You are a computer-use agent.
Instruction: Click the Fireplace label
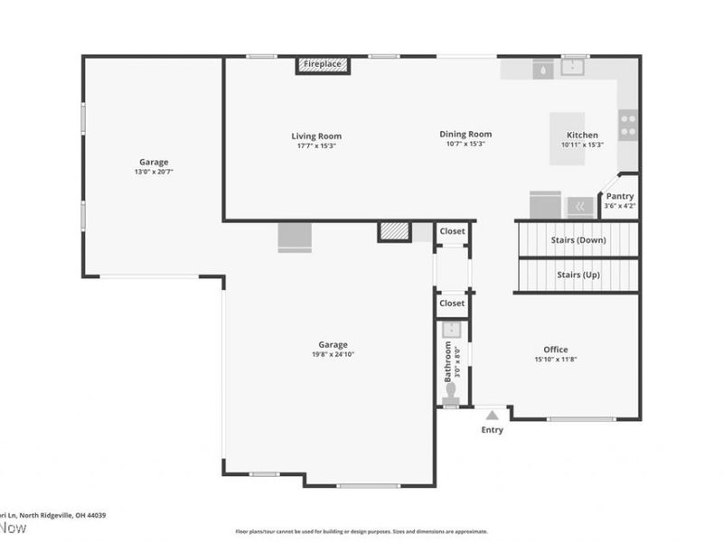(x=323, y=65)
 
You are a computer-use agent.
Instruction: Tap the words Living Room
(x=316, y=136)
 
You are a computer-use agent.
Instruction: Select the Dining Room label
(x=465, y=134)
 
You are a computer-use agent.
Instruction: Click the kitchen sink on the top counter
(x=573, y=67)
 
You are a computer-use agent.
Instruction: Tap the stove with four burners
(x=628, y=124)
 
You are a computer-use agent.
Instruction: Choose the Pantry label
(x=620, y=196)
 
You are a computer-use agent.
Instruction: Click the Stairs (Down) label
(x=578, y=239)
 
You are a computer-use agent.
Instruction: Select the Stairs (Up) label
(x=578, y=275)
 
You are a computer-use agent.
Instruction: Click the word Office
(x=556, y=350)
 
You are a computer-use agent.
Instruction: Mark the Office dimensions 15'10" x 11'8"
(x=556, y=360)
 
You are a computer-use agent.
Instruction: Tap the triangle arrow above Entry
(x=492, y=416)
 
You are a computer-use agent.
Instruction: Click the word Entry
(x=492, y=430)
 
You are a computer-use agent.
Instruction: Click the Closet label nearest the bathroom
(x=452, y=304)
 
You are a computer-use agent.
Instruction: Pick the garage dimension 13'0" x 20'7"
(x=154, y=171)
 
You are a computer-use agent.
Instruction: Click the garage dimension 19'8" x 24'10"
(x=333, y=354)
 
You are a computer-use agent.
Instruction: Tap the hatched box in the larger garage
(x=393, y=231)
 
